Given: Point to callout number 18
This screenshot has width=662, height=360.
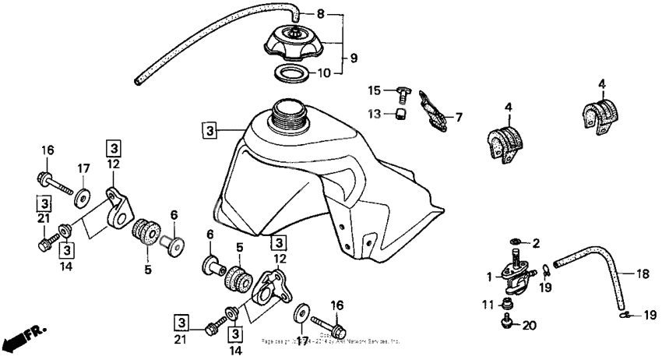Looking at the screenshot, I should (x=643, y=274).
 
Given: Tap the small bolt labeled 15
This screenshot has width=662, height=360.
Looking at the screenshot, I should (x=403, y=95).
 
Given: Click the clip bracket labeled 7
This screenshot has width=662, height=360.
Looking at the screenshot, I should (x=431, y=109).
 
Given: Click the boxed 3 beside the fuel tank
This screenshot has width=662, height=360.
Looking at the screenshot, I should (x=208, y=129).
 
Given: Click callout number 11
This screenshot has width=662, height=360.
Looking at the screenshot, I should (x=484, y=303).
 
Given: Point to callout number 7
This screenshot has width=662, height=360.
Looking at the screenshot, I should (x=458, y=118).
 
